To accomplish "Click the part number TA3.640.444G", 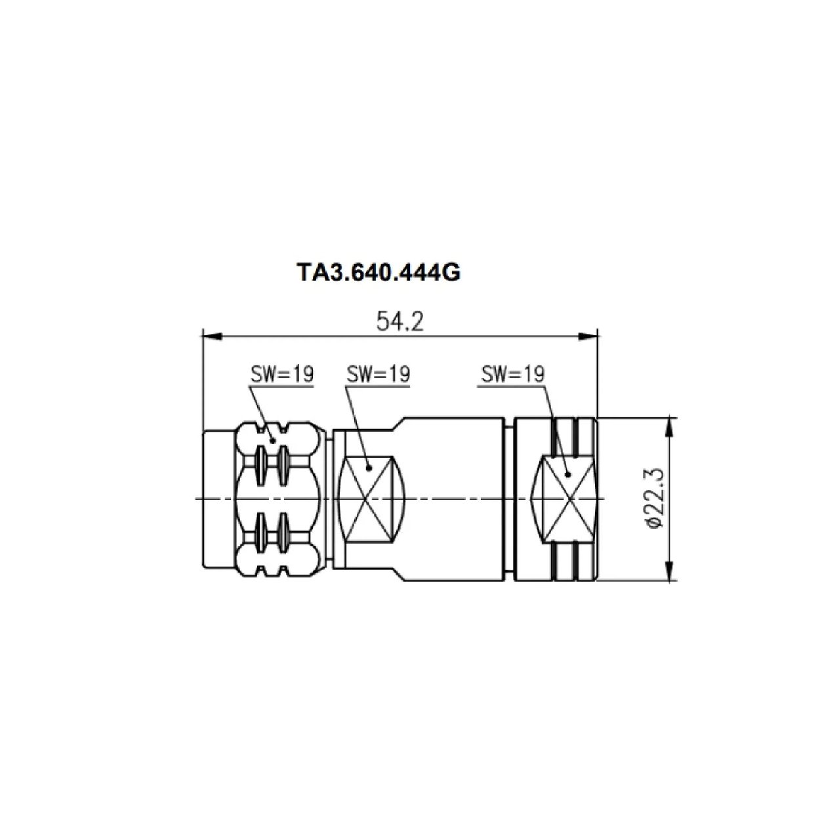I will (x=379, y=272).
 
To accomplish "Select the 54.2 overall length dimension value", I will (x=400, y=321).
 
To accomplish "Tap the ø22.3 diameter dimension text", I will (x=656, y=499).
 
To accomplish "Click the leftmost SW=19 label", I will (x=281, y=374).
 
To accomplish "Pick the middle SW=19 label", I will (x=378, y=374).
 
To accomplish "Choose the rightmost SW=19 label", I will (x=512, y=374).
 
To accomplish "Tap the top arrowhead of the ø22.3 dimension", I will (x=669, y=426).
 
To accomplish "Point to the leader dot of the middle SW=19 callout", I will (x=369, y=468).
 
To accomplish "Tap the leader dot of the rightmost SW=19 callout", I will (x=568, y=474).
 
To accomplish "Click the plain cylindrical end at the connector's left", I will (x=220, y=500).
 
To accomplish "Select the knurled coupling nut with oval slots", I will (x=282, y=500).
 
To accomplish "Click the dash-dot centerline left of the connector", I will (x=199, y=499).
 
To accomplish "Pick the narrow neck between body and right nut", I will (x=510, y=500).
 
